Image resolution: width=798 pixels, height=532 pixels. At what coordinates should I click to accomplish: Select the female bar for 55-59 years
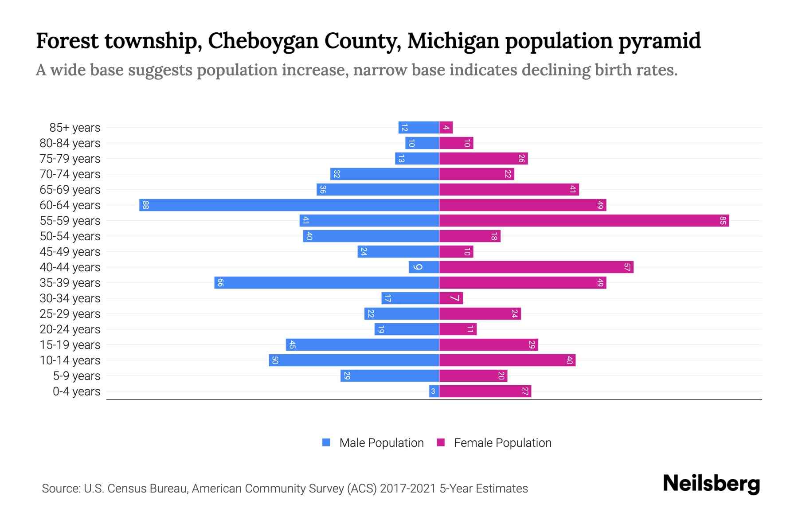(584, 220)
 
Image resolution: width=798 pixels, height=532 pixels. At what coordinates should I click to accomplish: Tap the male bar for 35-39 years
(327, 282)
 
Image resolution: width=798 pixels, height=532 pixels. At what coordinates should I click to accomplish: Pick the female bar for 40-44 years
(536, 267)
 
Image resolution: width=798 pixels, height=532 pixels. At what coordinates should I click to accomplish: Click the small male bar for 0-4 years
(434, 391)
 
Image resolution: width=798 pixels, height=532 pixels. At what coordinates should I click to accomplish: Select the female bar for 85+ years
(446, 128)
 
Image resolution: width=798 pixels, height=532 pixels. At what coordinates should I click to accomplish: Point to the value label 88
(145, 205)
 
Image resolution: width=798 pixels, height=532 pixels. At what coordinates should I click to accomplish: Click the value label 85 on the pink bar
(723, 220)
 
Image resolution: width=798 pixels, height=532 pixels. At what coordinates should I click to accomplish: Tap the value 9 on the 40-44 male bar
(417, 267)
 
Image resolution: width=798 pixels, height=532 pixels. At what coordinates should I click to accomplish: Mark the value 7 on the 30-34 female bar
(455, 298)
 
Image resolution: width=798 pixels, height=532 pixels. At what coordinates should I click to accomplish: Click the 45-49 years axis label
(70, 251)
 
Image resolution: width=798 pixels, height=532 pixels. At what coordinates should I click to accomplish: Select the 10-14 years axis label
(70, 360)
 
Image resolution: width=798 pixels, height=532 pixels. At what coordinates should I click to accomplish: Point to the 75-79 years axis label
(70, 158)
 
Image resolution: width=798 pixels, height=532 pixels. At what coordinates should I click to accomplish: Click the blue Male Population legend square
(326, 442)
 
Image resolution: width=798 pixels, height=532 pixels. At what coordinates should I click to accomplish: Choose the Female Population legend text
(502, 442)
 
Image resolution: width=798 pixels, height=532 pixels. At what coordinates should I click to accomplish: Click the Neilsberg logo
(711, 484)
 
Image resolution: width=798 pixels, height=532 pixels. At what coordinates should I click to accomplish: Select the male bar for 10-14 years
(354, 360)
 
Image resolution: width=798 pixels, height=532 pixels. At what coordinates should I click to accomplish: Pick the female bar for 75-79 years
(483, 158)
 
